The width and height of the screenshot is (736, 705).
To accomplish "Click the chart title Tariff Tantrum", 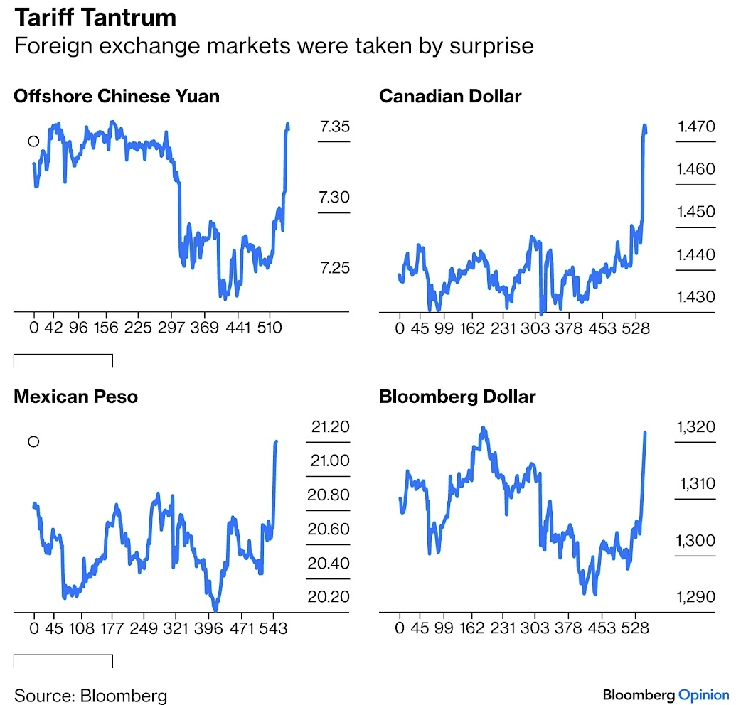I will click(95, 16).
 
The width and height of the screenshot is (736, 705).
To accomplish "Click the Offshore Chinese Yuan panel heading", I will click(117, 96).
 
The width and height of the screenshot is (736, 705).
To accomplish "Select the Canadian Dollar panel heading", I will click(450, 96).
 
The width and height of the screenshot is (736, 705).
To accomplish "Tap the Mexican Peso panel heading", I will click(75, 397).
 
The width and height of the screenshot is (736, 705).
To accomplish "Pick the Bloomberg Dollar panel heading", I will click(457, 397).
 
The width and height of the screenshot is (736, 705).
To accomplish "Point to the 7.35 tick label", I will click(334, 128).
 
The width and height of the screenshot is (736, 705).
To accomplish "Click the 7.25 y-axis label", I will click(334, 268).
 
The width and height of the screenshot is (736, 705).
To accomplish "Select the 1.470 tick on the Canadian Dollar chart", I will click(696, 128).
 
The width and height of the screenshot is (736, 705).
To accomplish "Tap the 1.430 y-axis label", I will click(696, 296).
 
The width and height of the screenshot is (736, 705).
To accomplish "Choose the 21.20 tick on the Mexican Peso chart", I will click(330, 427).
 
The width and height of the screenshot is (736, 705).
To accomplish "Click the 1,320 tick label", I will click(696, 427).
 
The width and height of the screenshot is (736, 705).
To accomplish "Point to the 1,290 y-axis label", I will click(696, 596).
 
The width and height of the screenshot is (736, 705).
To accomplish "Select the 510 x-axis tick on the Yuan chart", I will click(270, 328).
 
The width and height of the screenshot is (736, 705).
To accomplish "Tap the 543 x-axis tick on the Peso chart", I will click(273, 629).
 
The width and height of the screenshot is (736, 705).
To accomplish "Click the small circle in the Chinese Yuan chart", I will click(33, 141).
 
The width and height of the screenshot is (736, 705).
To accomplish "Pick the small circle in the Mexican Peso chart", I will click(33, 442).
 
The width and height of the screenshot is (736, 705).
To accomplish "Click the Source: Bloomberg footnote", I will click(90, 694).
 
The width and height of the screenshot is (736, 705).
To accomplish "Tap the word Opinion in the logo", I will click(703, 694).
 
